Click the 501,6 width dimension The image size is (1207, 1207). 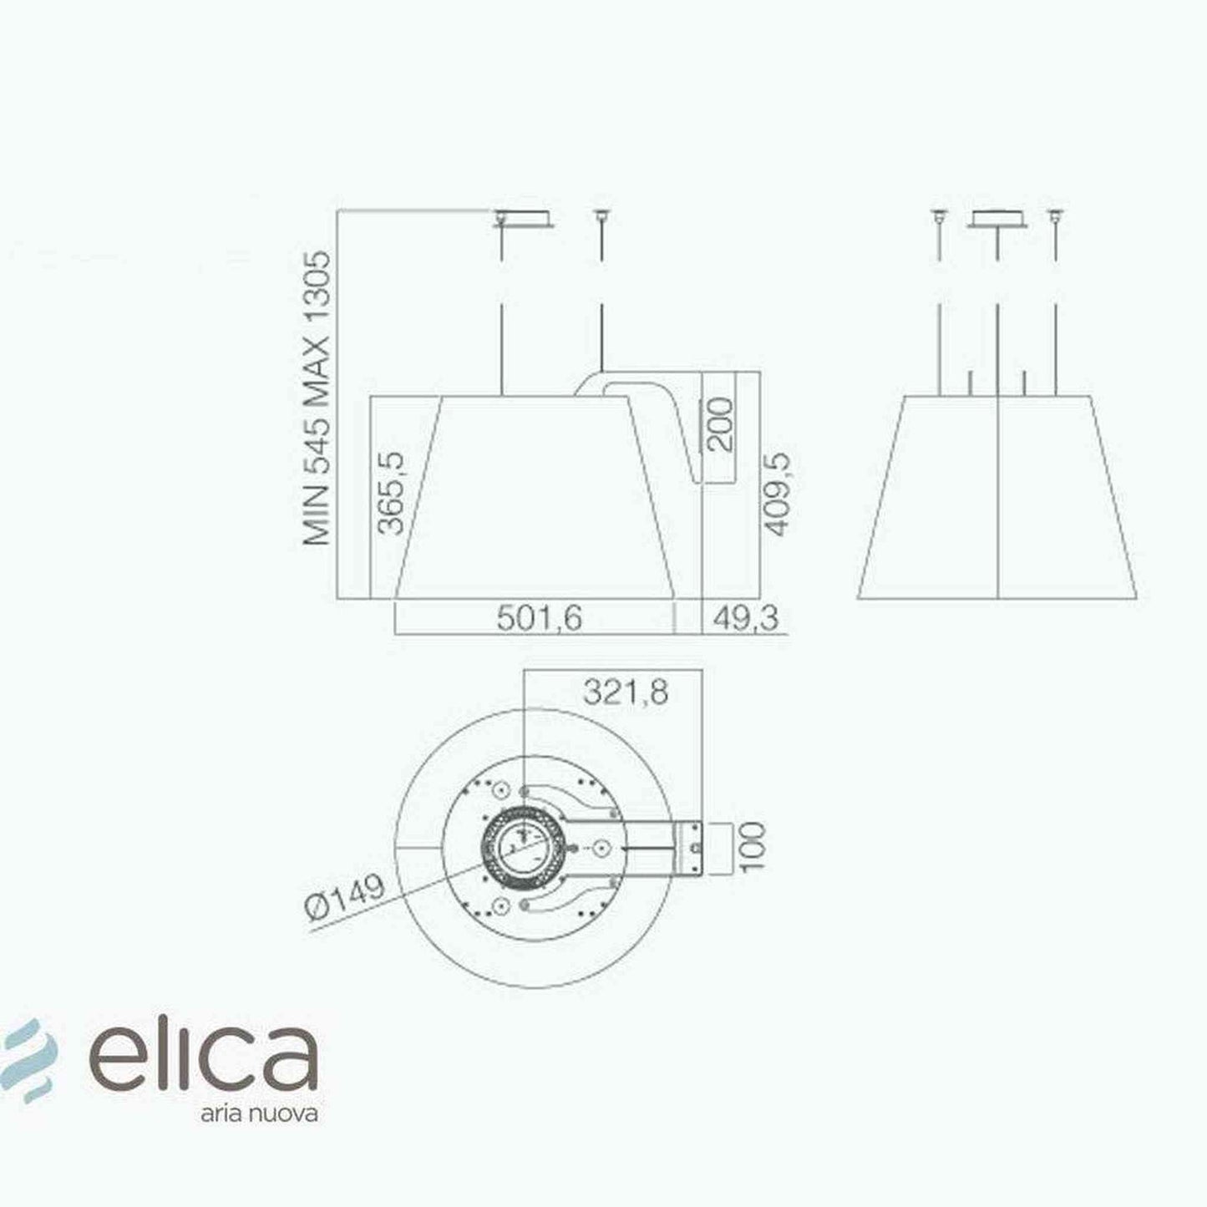tap(539, 619)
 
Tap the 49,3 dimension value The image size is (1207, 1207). tap(743, 619)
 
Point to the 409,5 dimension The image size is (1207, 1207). tap(778, 494)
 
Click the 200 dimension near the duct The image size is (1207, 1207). tap(719, 425)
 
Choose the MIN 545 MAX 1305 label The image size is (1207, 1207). tap(318, 398)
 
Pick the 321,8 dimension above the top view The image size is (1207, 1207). tap(625, 692)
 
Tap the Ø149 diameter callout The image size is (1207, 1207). tap(345, 897)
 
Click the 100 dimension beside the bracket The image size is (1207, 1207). tap(752, 847)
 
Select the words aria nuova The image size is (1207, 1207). tap(259, 1114)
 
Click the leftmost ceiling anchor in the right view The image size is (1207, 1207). tap(939, 216)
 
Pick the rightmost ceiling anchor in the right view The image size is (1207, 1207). tap(1055, 216)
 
